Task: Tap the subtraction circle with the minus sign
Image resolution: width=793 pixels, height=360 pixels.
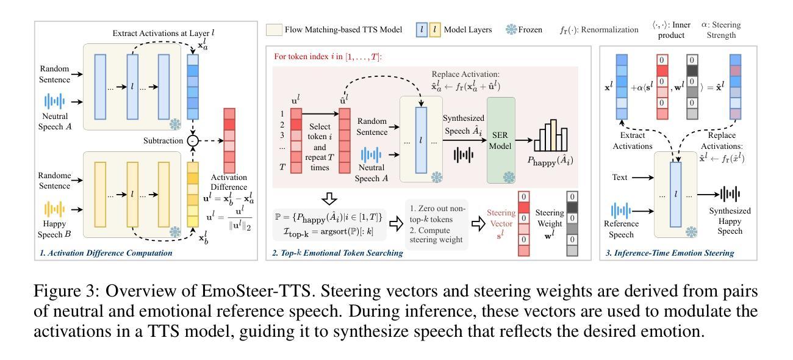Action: (193, 140)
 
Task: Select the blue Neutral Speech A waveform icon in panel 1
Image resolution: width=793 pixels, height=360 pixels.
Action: (54, 101)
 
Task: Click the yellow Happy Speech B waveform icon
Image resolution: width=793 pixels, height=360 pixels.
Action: (54, 209)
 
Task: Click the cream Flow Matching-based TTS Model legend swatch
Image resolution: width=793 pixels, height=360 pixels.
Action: (274, 29)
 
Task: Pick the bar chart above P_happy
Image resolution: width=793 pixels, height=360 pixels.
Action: (555, 135)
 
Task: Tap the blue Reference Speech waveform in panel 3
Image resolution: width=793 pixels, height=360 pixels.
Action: (621, 211)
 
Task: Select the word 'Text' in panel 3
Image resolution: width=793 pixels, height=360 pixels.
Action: (620, 178)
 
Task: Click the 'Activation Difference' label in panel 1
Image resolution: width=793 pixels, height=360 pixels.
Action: (229, 182)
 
